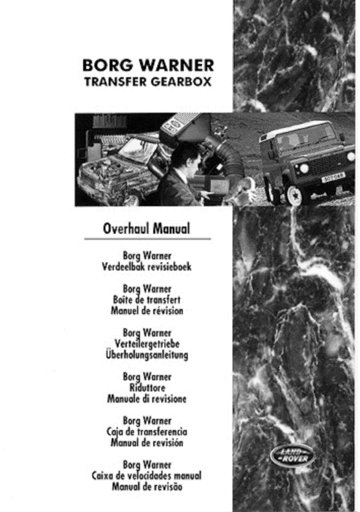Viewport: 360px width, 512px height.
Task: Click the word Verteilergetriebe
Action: pos(148,344)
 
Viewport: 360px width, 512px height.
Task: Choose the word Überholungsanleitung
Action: pos(148,355)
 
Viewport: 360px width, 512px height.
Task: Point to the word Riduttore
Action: pos(147,389)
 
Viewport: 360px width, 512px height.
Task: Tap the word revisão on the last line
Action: pos(170,487)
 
